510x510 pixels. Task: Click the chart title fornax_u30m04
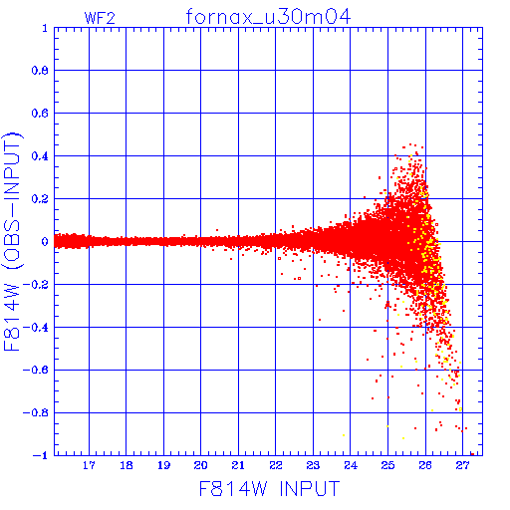tap(268, 17)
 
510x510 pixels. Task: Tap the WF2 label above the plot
tap(100, 18)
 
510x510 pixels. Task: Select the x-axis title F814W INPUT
tap(269, 488)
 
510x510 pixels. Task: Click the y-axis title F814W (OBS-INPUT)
tap(12, 241)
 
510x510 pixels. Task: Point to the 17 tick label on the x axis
tap(89, 465)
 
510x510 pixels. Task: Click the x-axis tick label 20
tap(200, 465)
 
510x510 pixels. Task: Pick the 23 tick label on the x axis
tap(313, 465)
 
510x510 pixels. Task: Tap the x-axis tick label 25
tap(387, 465)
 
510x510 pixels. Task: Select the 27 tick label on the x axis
tap(462, 465)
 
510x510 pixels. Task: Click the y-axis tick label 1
tap(45, 28)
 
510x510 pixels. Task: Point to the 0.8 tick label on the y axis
tap(40, 71)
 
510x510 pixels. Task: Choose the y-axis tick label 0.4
tap(40, 156)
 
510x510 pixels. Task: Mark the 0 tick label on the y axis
tap(45, 241)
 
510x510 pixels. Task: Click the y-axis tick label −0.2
tap(36, 284)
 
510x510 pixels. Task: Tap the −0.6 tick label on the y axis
tap(36, 370)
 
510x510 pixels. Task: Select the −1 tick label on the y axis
tap(41, 455)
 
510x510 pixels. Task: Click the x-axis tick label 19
tap(163, 465)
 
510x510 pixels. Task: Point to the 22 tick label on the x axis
tap(276, 465)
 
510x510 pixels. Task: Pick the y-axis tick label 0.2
tap(40, 199)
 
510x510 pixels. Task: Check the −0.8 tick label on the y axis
tap(36, 412)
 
